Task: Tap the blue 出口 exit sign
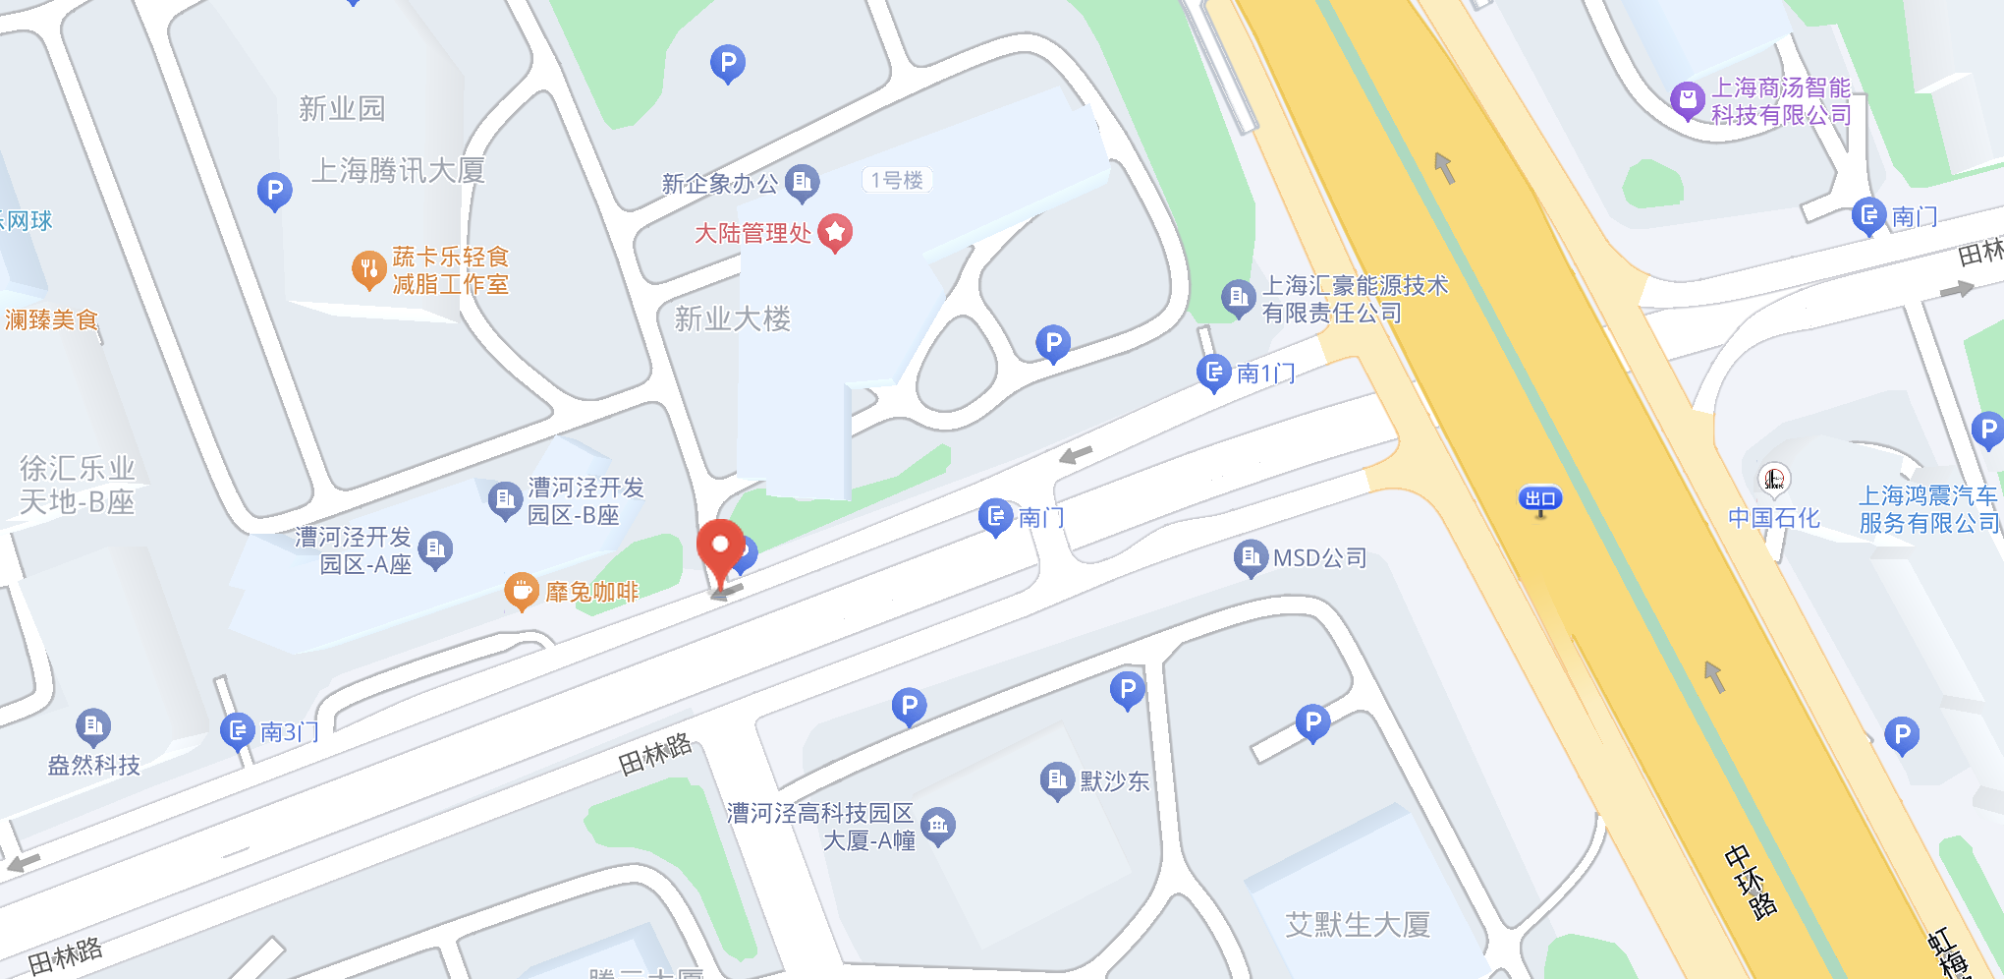(1539, 499)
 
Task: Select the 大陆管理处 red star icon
(835, 232)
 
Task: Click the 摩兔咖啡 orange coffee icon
(522, 591)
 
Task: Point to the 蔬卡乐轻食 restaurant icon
(368, 268)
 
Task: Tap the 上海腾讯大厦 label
(398, 171)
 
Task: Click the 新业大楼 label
(732, 318)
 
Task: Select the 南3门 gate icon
(237, 730)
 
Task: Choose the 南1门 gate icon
(1213, 372)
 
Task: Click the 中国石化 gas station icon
(1773, 480)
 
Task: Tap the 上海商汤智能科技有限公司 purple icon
(1687, 99)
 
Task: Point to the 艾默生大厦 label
(1358, 924)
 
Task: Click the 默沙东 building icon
(1056, 780)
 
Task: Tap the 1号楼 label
(897, 180)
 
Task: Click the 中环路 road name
(1751, 881)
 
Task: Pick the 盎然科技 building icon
(93, 726)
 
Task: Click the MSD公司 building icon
(1250, 557)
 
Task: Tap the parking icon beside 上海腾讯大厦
(274, 190)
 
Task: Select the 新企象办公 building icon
(803, 182)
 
